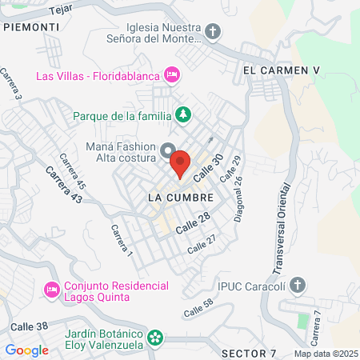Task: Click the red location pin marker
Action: point(181,163)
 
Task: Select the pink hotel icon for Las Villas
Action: point(170,75)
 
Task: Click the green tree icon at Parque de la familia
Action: point(183,115)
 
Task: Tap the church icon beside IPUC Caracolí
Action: point(298,285)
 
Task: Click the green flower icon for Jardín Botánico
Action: point(157,338)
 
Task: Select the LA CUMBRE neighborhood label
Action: point(181,197)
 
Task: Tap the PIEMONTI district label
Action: point(31,26)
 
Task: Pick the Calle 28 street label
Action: point(193,223)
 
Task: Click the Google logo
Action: point(27,350)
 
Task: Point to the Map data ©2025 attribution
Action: point(326,354)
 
